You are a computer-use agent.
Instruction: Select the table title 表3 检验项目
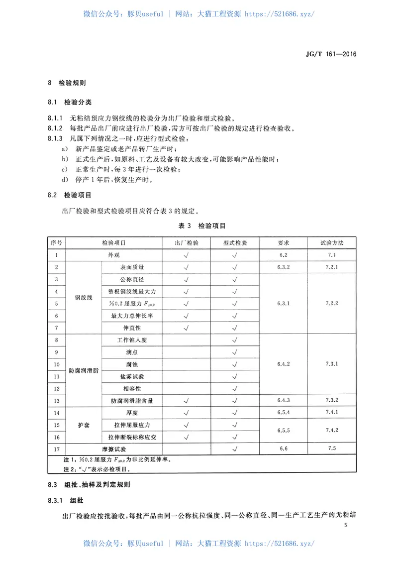tap(202, 225)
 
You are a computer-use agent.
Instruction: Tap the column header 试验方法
tap(332, 243)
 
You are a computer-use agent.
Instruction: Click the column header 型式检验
tap(234, 243)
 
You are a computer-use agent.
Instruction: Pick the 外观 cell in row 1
tap(114, 255)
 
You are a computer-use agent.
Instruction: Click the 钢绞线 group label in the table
tap(84, 297)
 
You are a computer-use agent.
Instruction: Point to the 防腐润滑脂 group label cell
tap(84, 370)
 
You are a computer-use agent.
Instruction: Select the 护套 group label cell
tap(84, 425)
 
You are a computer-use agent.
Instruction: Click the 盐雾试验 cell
tap(132, 376)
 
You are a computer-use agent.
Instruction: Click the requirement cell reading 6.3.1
tap(283, 303)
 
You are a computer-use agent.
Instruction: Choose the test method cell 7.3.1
tap(332, 364)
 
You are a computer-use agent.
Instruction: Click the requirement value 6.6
tap(284, 449)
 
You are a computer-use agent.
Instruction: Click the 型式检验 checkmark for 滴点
tap(234, 352)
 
